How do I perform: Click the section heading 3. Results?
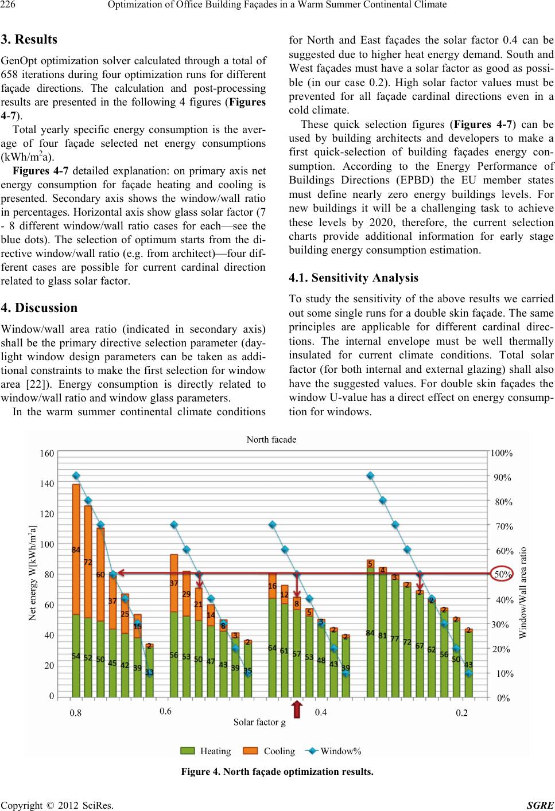(x=29, y=40)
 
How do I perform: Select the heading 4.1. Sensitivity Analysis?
(x=354, y=278)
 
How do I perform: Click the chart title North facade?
(x=271, y=439)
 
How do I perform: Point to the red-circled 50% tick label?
(x=503, y=574)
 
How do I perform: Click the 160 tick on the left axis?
(x=47, y=453)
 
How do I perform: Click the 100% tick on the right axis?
(x=502, y=453)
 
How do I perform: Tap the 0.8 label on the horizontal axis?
(x=75, y=713)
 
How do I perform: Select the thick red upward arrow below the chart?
(x=297, y=709)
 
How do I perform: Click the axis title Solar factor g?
(x=259, y=722)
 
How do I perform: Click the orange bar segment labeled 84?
(x=76, y=549)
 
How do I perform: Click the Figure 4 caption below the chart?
(x=277, y=771)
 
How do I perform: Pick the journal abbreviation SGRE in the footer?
(x=540, y=805)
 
